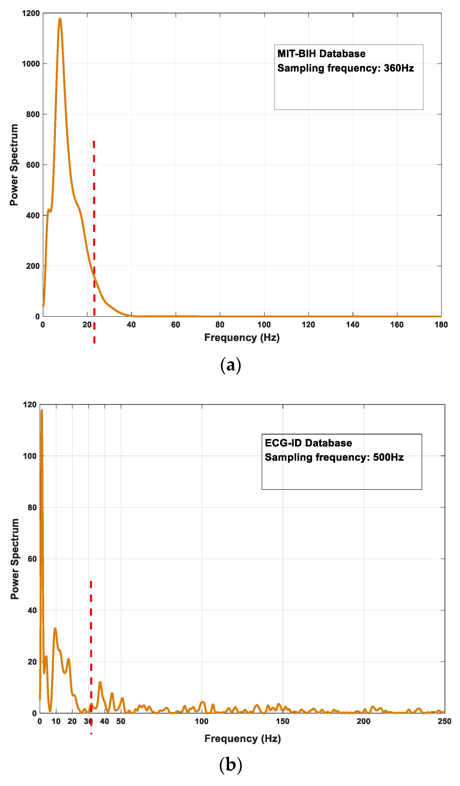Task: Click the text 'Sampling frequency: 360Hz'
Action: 346,68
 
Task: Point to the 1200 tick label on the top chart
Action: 31,13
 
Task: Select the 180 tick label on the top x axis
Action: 441,325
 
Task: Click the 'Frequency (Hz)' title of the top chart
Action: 242,338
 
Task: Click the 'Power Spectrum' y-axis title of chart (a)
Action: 14,165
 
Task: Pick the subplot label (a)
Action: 231,365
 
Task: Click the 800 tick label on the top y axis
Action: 33,114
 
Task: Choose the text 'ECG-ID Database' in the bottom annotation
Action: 308,443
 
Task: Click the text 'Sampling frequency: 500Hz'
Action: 334,457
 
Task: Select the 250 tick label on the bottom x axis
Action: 444,721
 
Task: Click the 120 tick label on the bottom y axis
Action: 30,405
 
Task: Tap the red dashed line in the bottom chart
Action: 91,639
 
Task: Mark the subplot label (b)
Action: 231,765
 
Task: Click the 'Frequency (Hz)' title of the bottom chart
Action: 242,739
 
